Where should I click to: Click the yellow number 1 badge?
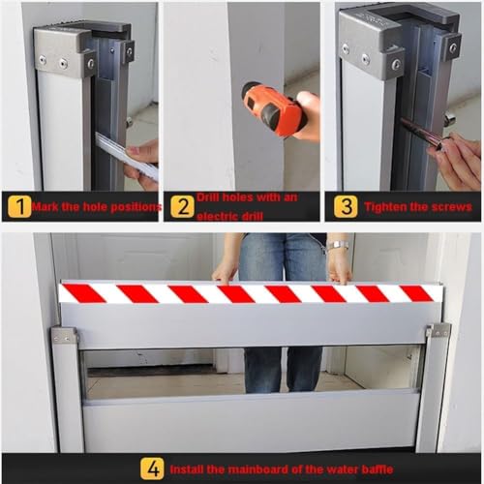(x=19, y=206)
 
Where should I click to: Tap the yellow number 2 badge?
(x=183, y=206)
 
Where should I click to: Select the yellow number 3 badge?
(x=346, y=206)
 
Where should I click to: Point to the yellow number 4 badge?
(x=152, y=469)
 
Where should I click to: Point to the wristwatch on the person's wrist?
(x=338, y=246)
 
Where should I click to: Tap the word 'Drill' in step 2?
(x=208, y=197)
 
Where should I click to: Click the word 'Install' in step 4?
(x=187, y=469)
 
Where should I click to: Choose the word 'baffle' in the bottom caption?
(x=377, y=469)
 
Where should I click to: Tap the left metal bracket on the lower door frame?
(x=66, y=336)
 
